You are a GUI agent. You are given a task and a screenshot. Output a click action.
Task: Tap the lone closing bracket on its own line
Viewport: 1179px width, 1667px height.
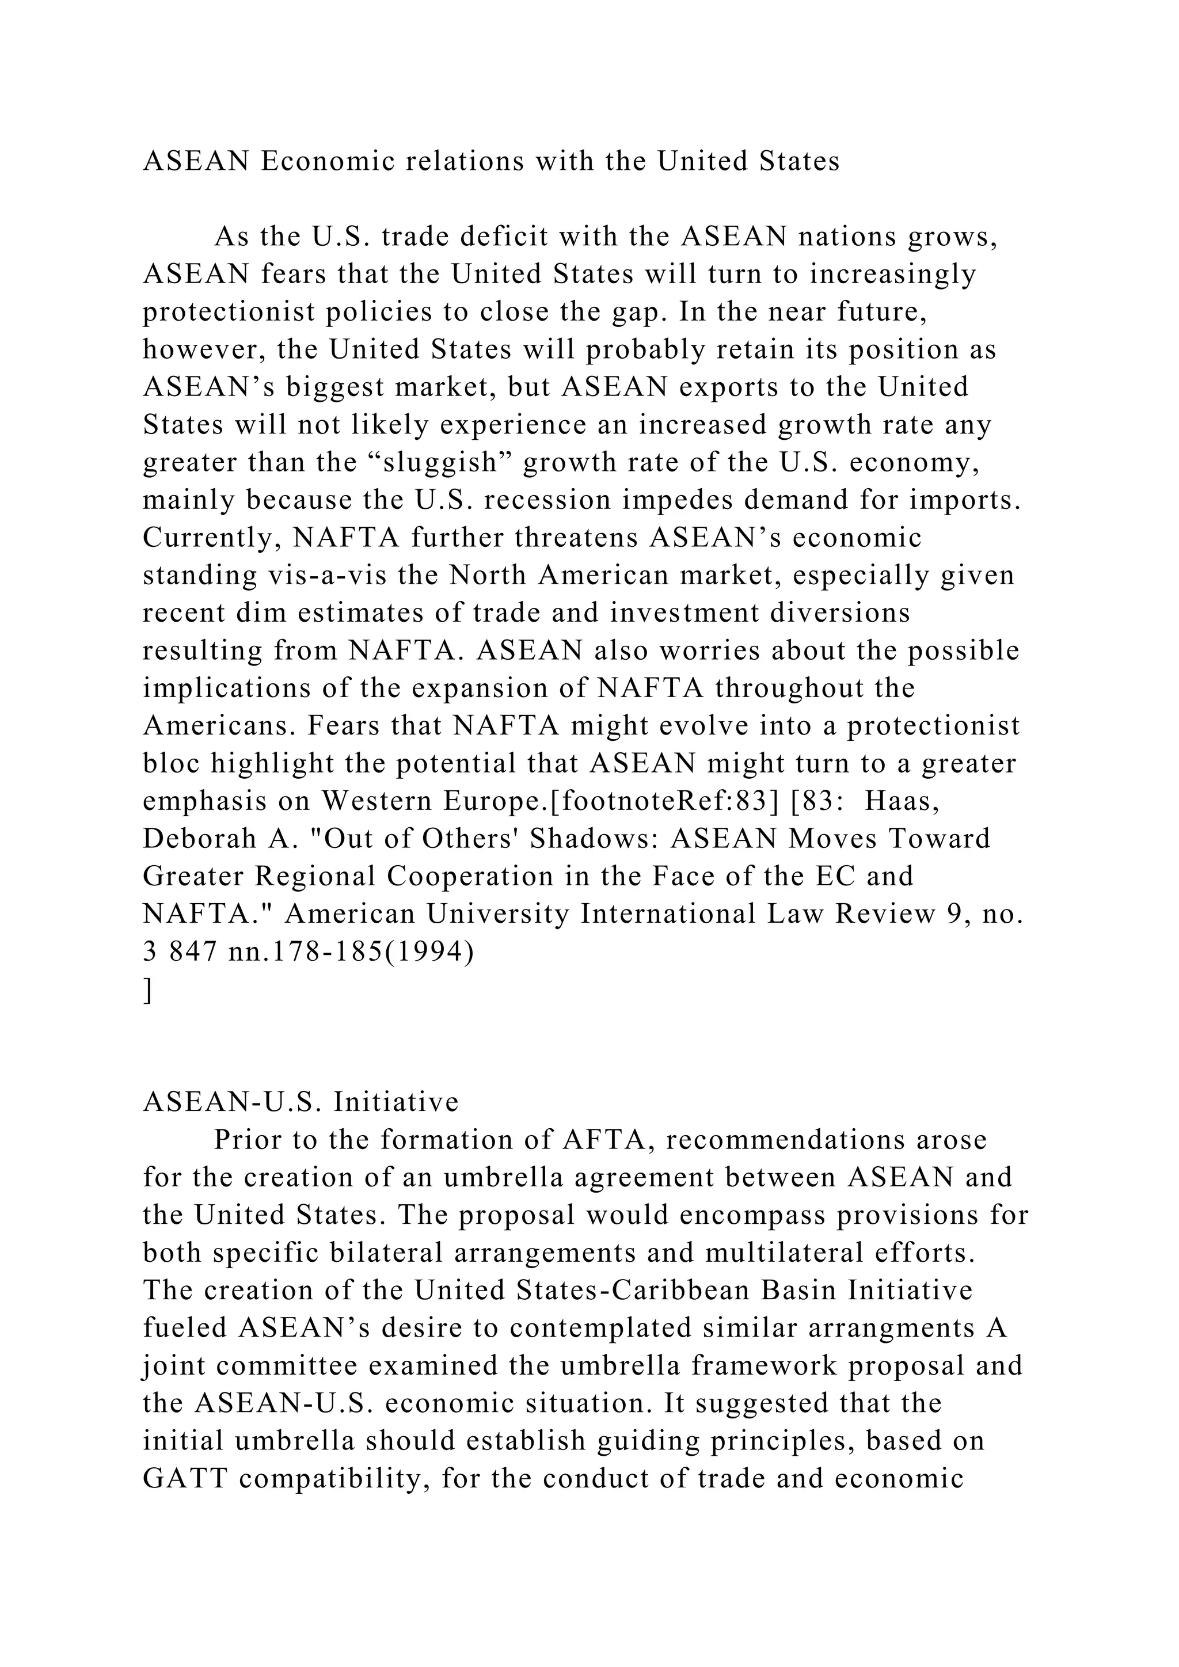[x=148, y=989]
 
